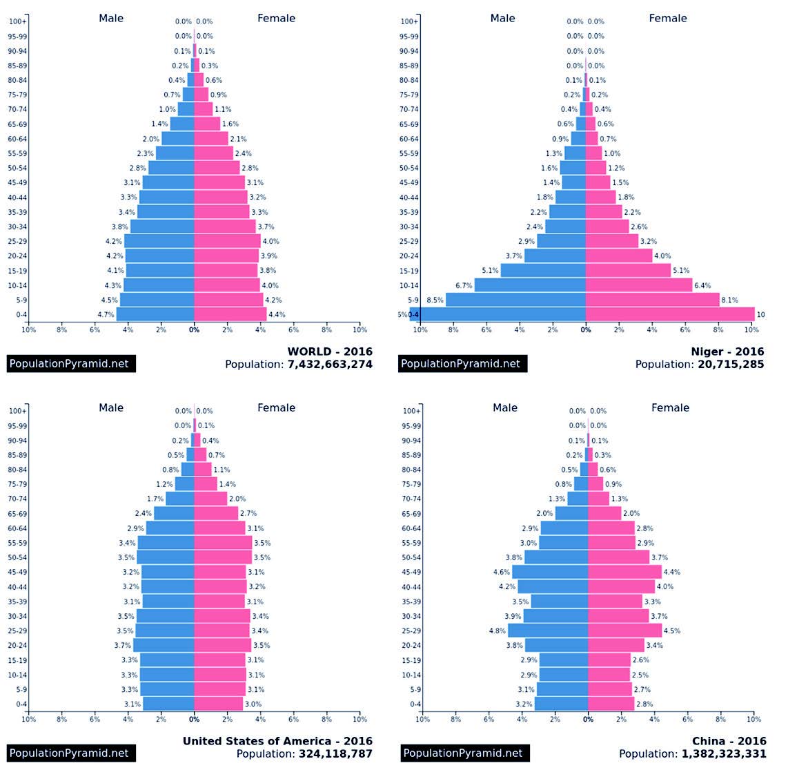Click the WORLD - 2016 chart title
point(330,352)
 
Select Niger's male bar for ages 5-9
point(515,300)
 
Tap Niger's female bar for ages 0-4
point(669,314)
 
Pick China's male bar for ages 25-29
point(548,631)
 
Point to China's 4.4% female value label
point(671,572)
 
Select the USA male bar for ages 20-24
point(164,645)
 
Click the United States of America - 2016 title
point(277,741)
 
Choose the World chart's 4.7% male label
point(106,315)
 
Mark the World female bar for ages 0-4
point(230,314)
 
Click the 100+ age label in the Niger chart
point(409,21)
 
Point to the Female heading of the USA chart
point(276,407)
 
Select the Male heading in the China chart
point(504,407)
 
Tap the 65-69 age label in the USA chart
point(18,514)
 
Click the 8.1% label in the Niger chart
point(729,300)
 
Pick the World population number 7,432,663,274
point(330,364)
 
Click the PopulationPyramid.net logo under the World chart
point(71,363)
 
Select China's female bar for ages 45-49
point(624,572)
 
